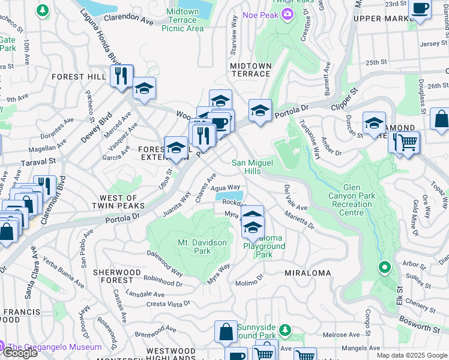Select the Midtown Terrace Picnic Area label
point(182,20)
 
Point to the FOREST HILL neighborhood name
point(79,77)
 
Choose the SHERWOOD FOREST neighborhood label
point(113,276)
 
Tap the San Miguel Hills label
point(255,167)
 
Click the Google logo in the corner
point(20,353)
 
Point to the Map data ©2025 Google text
point(412,355)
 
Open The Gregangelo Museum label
point(55,347)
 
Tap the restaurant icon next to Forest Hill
point(122,76)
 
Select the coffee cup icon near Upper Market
point(420,9)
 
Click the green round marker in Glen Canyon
point(384,267)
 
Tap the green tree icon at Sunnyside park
point(286,329)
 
